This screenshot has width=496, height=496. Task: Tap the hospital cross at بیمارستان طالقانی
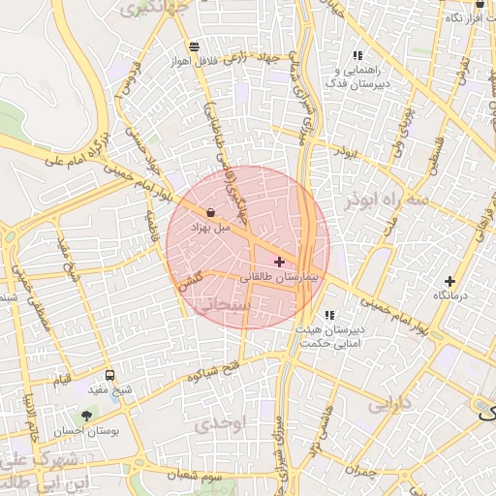coord(280,261)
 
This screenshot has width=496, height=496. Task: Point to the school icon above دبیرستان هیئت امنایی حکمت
coord(330,315)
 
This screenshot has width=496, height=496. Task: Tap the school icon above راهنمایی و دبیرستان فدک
coord(357,56)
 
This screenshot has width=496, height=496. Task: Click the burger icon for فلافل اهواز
coord(195,46)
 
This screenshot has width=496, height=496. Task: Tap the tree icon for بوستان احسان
coord(87,416)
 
